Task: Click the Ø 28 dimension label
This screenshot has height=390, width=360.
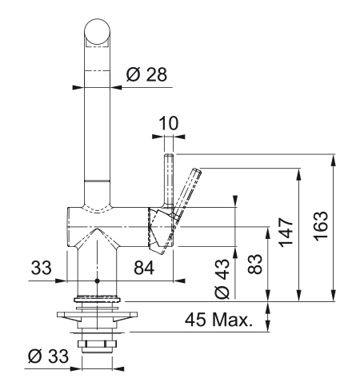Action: click(146, 74)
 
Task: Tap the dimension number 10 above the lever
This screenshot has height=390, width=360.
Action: click(168, 123)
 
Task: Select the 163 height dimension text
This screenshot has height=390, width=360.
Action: click(320, 226)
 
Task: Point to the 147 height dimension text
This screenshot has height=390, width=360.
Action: click(286, 232)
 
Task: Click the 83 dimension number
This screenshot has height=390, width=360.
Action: click(254, 264)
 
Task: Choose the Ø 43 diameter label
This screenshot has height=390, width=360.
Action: click(222, 279)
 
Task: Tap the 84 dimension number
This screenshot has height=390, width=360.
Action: click(144, 268)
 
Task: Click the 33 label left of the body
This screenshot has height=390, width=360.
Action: click(41, 268)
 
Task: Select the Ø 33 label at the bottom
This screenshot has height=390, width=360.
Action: click(48, 356)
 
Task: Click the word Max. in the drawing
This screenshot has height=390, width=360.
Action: click(232, 320)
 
